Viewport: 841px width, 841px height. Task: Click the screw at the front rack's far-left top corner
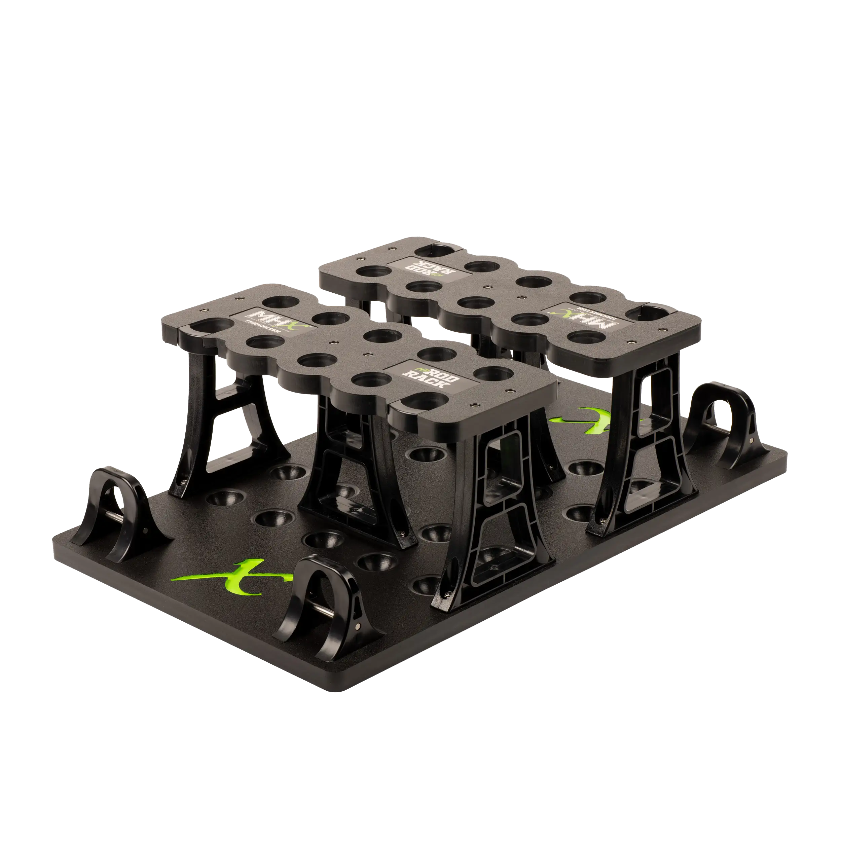click(203, 310)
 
